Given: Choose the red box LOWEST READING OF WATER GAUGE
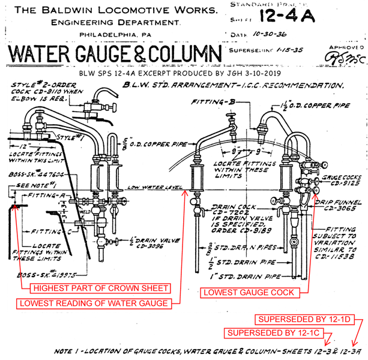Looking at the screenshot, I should pyautogui.click(x=94, y=303).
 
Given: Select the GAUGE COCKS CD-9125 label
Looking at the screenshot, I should pyautogui.click(x=340, y=182).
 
